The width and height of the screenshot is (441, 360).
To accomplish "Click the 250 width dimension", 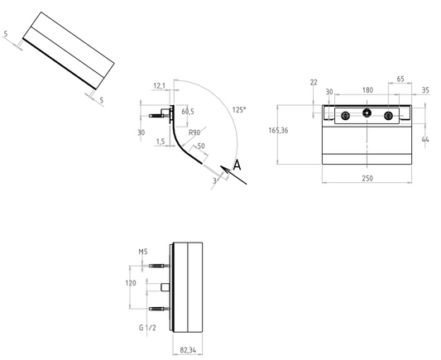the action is pos(367,178).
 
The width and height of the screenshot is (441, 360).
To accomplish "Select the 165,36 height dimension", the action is pos(278,130).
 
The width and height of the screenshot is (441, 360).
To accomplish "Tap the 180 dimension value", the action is pos(367,90).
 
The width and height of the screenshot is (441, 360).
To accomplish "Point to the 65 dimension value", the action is pos(400,79).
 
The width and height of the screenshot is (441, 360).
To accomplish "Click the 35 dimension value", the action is pos(426,90).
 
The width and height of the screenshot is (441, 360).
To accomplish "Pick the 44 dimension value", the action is pos(425,139).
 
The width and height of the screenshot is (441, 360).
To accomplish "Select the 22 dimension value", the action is pos(314,83).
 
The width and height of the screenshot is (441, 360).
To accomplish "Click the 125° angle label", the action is pos(239,110).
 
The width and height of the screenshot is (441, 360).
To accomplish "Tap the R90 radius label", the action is pos(194,132).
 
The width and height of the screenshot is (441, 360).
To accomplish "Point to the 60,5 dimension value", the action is pos(188,112).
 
